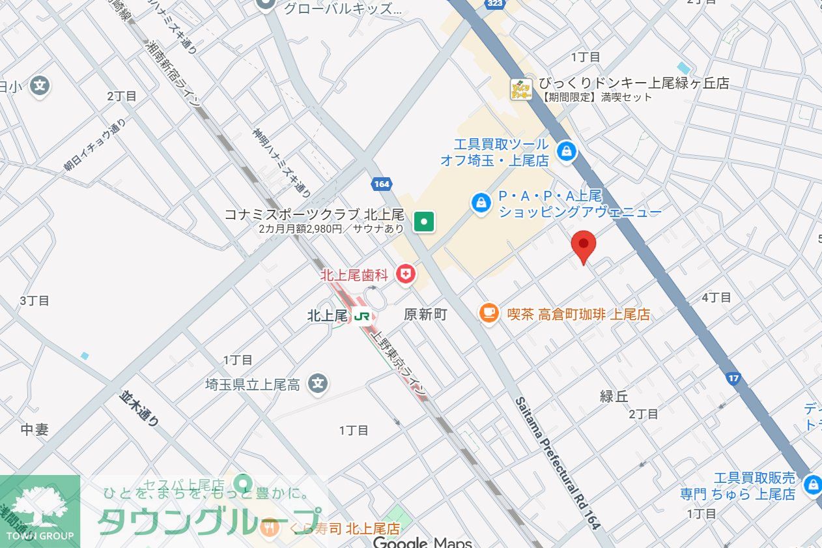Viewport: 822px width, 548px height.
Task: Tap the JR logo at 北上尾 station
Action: click(362, 316)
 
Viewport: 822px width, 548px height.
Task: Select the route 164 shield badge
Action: click(382, 184)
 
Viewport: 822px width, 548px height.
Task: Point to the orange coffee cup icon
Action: click(489, 313)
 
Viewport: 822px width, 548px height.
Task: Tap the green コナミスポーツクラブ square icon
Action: click(425, 222)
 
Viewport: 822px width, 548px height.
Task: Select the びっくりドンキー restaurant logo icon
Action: click(520, 90)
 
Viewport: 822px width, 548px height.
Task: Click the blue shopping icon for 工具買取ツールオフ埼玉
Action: click(567, 152)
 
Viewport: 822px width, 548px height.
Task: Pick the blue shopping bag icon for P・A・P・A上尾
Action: click(481, 203)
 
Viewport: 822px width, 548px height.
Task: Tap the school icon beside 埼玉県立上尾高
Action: click(318, 384)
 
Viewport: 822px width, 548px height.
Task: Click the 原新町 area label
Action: click(425, 315)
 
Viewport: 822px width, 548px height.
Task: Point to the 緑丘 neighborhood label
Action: click(614, 396)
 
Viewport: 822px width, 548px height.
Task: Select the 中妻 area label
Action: click(35, 429)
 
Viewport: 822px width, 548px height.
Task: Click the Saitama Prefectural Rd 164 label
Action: click(557, 463)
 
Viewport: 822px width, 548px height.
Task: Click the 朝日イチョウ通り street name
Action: click(94, 146)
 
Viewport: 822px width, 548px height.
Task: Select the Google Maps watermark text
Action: click(421, 542)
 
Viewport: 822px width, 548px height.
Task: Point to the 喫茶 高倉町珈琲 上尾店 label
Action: click(578, 315)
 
